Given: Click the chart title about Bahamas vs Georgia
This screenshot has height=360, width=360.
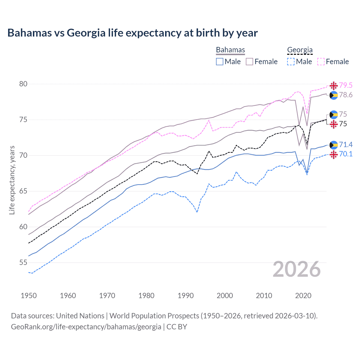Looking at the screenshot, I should click(x=132, y=33).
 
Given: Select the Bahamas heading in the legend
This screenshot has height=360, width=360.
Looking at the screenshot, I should click(x=230, y=50).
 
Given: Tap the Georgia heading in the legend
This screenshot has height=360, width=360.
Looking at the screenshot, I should click(x=300, y=50).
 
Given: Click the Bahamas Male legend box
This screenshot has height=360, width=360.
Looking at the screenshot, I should click(x=220, y=62).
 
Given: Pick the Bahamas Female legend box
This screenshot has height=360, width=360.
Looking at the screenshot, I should click(x=249, y=62).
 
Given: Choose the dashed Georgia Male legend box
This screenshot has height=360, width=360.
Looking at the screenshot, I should click(x=291, y=62).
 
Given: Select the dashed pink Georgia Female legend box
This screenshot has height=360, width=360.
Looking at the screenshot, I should click(x=321, y=62).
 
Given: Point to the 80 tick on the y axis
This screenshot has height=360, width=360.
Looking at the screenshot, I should click(x=24, y=84).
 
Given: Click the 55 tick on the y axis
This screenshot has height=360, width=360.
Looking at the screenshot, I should click(x=24, y=263).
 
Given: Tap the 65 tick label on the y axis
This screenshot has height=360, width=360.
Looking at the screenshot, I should click(x=24, y=191).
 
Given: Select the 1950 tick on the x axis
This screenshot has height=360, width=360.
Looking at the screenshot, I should click(x=29, y=296).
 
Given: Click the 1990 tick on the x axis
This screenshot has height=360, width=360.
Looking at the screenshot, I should click(x=186, y=296).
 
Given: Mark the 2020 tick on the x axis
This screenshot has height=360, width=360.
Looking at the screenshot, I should click(x=303, y=296).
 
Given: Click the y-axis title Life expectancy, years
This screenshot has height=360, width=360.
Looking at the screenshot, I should click(x=12, y=180).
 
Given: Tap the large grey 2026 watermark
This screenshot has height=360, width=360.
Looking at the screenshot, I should click(x=296, y=269).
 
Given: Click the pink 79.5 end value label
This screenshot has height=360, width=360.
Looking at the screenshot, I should click(x=346, y=85).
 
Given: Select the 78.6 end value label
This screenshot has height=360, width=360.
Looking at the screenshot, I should click(x=346, y=95).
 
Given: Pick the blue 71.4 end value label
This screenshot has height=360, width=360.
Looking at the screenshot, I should click(x=346, y=145).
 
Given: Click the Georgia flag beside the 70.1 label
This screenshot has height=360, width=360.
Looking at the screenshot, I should click(x=334, y=154).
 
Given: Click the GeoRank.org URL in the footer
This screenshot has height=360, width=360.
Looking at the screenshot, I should click(x=86, y=327).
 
